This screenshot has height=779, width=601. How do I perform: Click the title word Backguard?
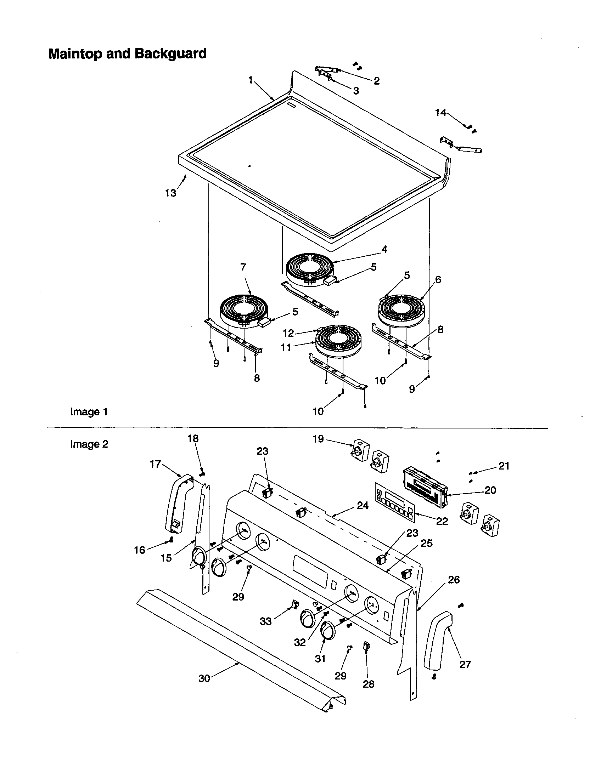click(170, 54)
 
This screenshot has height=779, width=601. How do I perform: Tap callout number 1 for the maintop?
click(251, 80)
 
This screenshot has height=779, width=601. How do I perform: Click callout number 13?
click(170, 193)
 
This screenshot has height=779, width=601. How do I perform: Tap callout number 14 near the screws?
click(440, 113)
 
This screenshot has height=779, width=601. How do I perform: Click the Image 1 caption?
click(89, 412)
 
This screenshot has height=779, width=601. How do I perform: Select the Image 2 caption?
click(89, 444)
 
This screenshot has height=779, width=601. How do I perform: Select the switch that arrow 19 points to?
click(360, 451)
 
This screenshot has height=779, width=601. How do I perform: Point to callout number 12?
click(288, 333)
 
